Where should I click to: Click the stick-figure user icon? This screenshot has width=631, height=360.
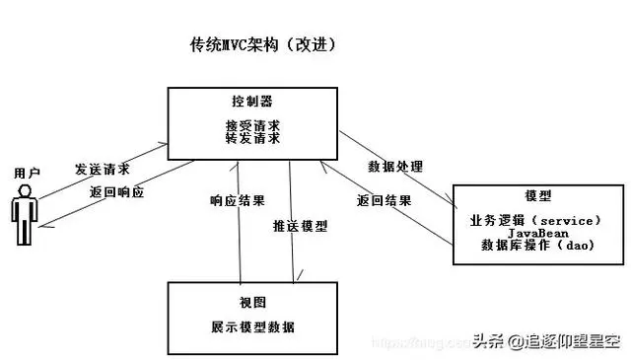(25, 218)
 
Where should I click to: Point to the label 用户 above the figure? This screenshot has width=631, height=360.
(27, 173)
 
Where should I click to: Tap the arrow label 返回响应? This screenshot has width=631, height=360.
(116, 192)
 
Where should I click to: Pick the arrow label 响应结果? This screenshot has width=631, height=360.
(238, 201)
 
